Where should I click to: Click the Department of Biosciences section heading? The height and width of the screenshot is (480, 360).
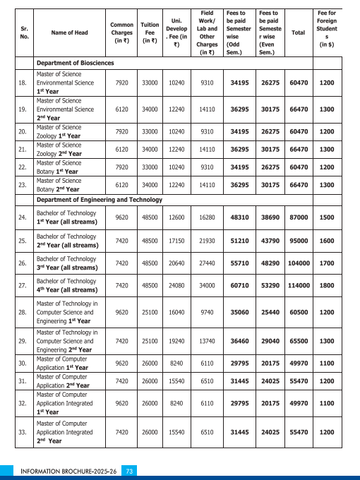(x=76, y=63)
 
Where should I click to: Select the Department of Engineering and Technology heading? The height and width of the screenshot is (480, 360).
(x=99, y=200)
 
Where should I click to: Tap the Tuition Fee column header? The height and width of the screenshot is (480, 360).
(x=150, y=33)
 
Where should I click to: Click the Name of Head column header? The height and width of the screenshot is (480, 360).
(x=69, y=33)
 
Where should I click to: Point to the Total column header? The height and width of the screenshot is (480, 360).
(x=299, y=33)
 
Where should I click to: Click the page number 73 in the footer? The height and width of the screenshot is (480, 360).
(x=129, y=470)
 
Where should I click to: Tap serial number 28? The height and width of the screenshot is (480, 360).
(x=22, y=311)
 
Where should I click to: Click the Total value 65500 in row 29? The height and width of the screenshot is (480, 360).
(x=299, y=340)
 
